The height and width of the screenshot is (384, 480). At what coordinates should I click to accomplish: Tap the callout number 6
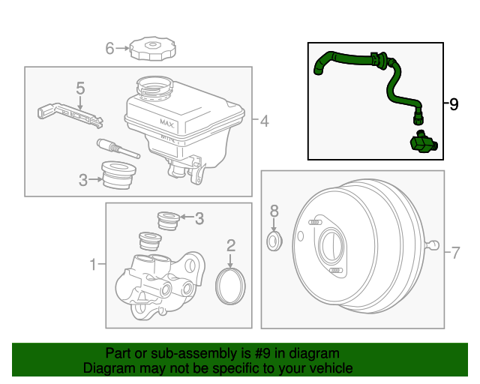[x=109, y=49]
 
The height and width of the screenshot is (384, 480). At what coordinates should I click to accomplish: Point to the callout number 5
[x=81, y=89]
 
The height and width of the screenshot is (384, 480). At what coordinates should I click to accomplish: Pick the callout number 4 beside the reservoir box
[x=264, y=120]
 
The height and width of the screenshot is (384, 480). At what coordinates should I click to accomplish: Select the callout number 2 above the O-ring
[x=231, y=244]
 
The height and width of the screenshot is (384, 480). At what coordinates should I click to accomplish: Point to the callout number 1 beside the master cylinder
[x=94, y=264]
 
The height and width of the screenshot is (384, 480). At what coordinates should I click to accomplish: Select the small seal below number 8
[x=274, y=241]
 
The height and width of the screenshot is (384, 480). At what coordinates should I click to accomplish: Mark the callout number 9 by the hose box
[x=453, y=104]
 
